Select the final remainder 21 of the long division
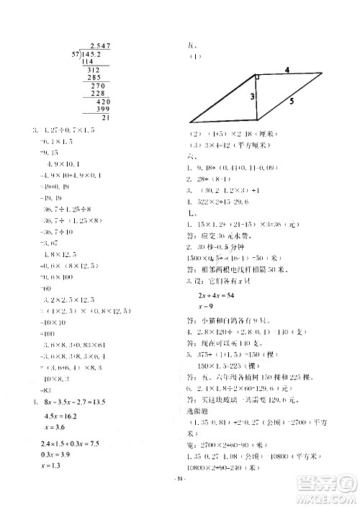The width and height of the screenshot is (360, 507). pyautogui.click(x=106, y=117)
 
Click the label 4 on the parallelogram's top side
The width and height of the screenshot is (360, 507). pyautogui.click(x=286, y=70)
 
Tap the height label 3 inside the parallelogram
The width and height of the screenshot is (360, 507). pyautogui.click(x=252, y=97)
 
